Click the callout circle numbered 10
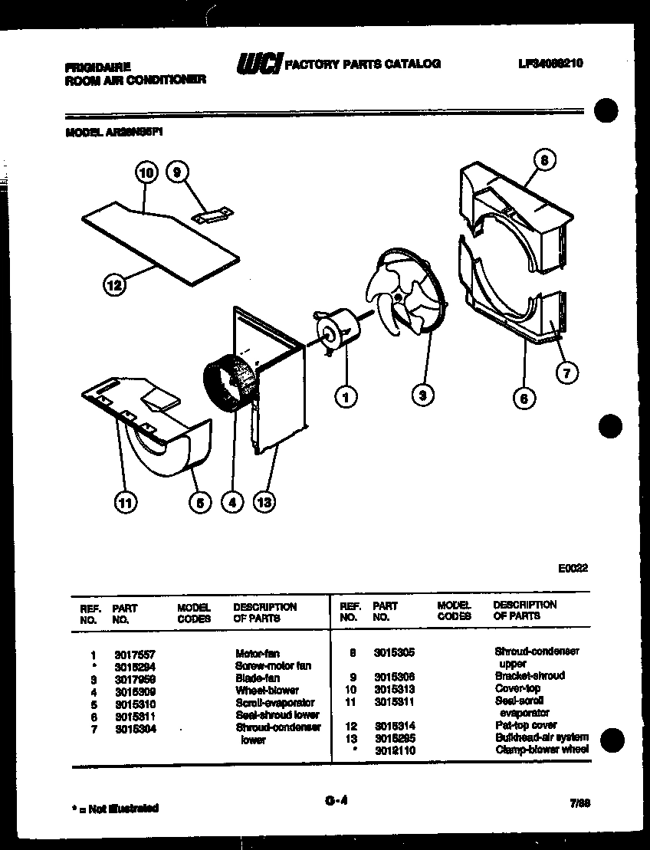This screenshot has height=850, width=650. pos(146,173)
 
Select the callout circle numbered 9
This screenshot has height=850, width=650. pos(176,173)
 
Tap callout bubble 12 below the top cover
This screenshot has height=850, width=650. pos(113,287)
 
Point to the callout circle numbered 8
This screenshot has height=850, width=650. pos(543,161)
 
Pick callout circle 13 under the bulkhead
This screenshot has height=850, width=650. pos(264,502)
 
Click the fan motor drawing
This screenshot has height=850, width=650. pos(337,332)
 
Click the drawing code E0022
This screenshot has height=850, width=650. pos(573,569)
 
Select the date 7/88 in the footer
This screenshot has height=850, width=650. pos(580,802)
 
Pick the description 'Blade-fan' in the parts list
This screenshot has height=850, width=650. pos(258,678)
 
